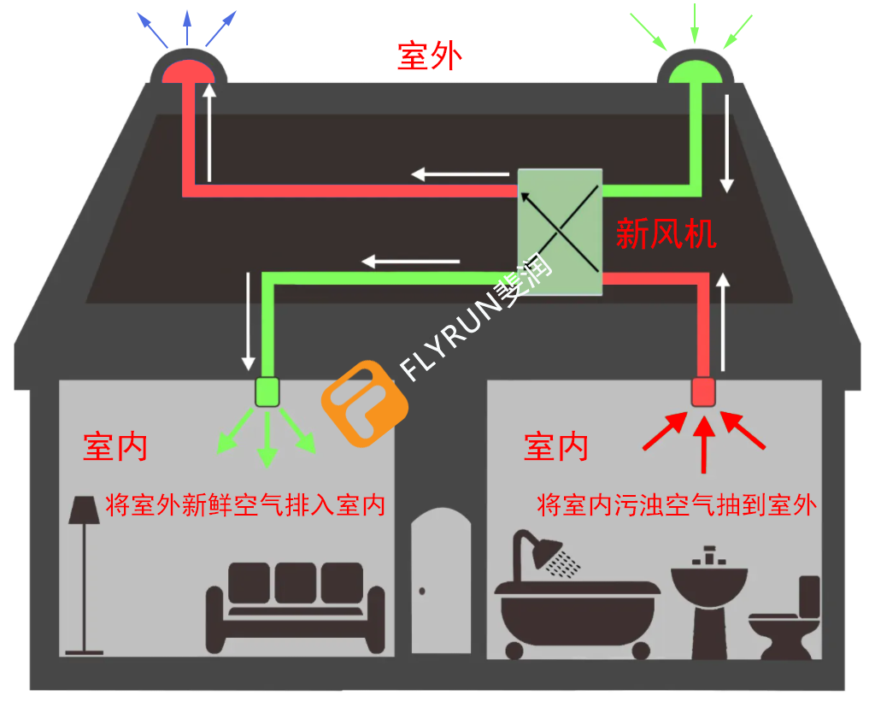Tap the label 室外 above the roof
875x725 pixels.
click(430, 56)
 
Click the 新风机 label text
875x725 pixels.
click(666, 233)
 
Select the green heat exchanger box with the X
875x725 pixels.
click(560, 232)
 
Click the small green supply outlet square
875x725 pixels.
click(268, 392)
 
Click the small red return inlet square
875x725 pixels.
click(703, 392)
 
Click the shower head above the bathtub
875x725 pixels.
click(547, 552)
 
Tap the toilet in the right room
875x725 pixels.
click(787, 620)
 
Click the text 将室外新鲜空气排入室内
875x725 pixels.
click(244, 504)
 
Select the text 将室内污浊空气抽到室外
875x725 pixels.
click(676, 504)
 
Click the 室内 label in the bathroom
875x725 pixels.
click(555, 446)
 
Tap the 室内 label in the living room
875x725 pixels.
click(115, 446)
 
